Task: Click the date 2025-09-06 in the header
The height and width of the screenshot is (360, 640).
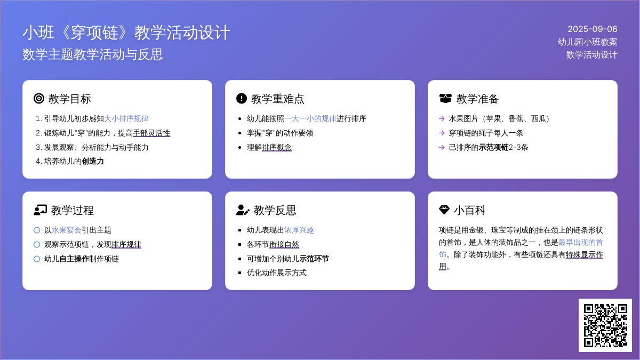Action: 593,29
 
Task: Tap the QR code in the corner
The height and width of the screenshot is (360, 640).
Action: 605,325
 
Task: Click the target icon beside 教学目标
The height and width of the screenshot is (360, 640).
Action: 39,99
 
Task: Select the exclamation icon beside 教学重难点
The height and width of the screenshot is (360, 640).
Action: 242,99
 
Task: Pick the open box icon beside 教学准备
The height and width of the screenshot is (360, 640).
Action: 445,99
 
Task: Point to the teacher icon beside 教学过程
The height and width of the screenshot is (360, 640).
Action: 40,210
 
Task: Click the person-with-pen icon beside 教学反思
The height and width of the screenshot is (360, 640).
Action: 243,210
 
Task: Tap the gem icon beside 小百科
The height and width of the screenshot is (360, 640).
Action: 444,210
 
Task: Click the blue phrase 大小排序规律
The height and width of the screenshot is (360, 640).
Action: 126,118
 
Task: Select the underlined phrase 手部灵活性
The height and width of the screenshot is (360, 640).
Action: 151,133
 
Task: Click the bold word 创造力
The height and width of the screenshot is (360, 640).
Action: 93,161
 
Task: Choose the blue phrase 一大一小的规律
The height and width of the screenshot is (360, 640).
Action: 310,118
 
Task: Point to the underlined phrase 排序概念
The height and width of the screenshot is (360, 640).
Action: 277,147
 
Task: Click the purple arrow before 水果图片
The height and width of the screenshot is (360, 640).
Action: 442,118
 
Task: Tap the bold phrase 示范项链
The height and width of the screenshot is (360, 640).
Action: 494,147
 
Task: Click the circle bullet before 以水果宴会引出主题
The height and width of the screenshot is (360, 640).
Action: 37,230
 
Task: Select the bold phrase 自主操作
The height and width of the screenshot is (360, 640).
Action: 74,259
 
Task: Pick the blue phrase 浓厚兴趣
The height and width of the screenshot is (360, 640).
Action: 299,230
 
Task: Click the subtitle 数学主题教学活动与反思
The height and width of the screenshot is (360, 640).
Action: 93,54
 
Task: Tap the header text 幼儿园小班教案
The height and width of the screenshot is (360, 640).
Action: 587,42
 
